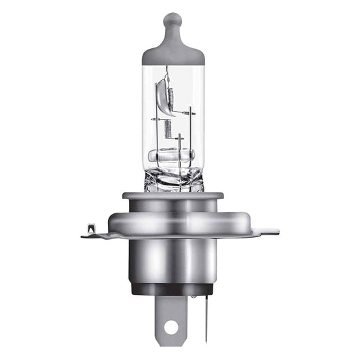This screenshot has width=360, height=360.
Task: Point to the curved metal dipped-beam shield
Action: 162,92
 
